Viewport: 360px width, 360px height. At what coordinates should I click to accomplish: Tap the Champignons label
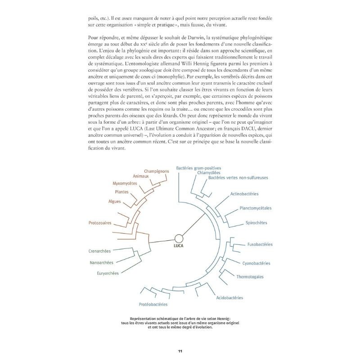click(x=156, y=171)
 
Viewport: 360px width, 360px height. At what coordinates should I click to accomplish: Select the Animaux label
click(x=143, y=177)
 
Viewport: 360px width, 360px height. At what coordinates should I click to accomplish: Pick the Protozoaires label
click(x=99, y=222)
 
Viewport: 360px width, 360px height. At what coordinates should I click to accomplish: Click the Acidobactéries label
click(x=229, y=297)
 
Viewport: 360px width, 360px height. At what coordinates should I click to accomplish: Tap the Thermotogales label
click(x=250, y=276)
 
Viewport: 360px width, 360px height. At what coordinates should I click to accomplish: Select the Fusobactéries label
click(x=260, y=244)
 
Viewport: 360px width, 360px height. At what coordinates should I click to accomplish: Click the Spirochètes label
click(x=256, y=223)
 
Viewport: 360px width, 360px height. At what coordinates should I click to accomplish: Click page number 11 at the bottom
click(x=180, y=351)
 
